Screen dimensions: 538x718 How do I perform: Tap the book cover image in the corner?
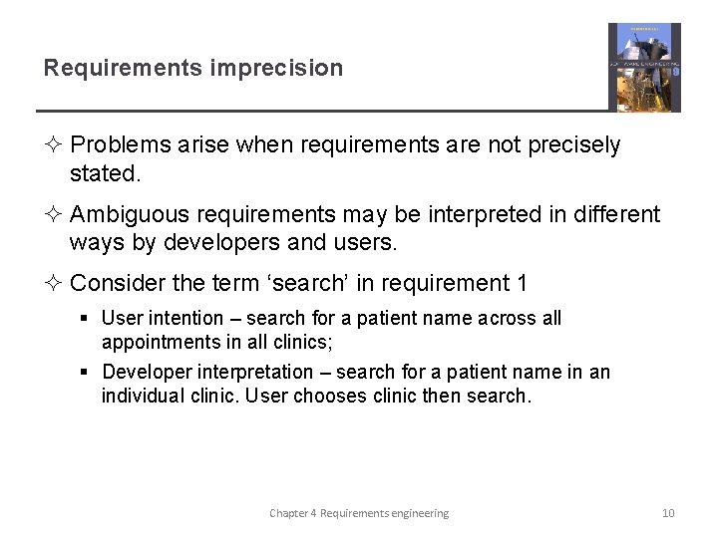pyautogui.click(x=644, y=67)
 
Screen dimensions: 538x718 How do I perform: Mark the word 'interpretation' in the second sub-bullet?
pyautogui.click(x=257, y=372)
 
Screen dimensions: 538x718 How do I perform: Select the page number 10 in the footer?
pyautogui.click(x=668, y=513)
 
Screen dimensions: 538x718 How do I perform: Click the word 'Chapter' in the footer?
pyautogui.click(x=288, y=513)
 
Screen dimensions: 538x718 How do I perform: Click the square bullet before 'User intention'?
pyautogui.click(x=87, y=319)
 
